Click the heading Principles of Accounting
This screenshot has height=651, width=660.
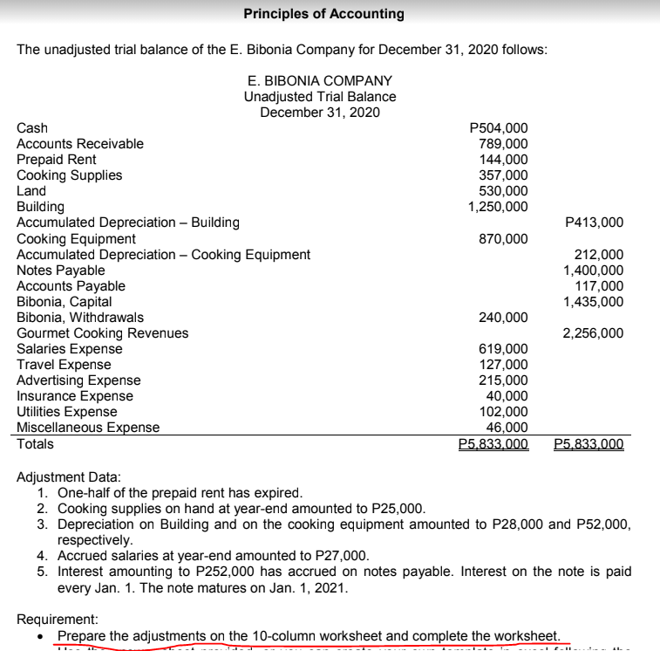tap(323, 14)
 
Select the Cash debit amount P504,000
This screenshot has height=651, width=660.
tap(498, 128)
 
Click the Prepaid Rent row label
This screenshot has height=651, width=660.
tap(57, 160)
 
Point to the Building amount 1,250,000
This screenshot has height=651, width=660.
tap(498, 207)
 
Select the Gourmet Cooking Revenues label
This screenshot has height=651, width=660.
tap(103, 333)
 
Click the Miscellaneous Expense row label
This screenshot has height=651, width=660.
tap(88, 428)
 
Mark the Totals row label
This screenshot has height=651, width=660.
tap(35, 444)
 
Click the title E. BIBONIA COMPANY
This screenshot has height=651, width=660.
tap(320, 80)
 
